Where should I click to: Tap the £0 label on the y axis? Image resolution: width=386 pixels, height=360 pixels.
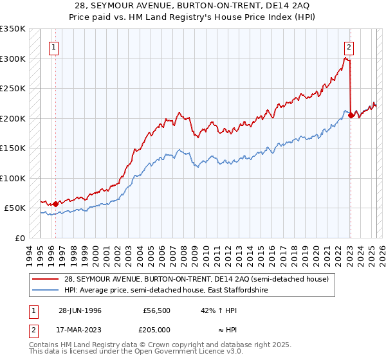click(18, 238)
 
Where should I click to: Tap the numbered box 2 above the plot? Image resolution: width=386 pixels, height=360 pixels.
click(348, 46)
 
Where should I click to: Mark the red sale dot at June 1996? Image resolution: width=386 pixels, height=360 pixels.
click(55, 204)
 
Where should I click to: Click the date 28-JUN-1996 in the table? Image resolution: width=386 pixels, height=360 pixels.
click(80, 310)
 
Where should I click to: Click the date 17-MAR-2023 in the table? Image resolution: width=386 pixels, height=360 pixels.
click(80, 329)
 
